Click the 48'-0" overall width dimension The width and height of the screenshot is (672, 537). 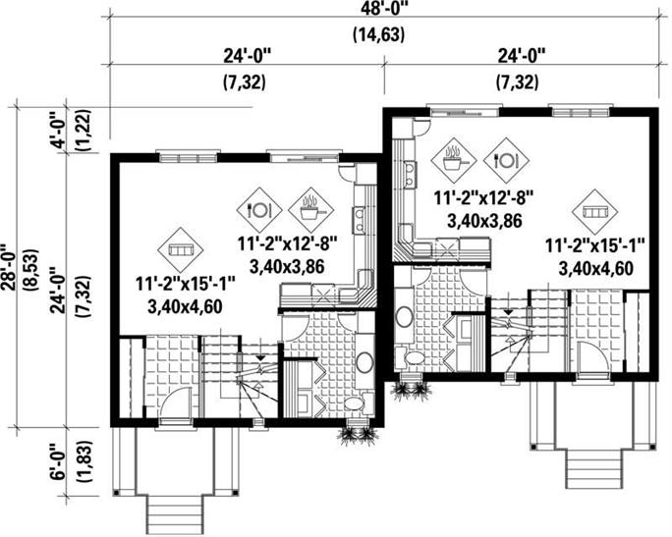pyautogui.click(x=379, y=9)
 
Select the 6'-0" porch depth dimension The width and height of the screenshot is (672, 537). pyautogui.click(x=59, y=462)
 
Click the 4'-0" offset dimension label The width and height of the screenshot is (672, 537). pyautogui.click(x=58, y=131)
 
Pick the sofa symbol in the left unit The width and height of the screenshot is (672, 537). pyautogui.click(x=180, y=249)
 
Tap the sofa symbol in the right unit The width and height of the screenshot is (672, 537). pyautogui.click(x=595, y=211)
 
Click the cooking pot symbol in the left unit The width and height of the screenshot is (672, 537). pyautogui.click(x=310, y=210)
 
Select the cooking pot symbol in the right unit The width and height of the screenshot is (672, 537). pyautogui.click(x=454, y=160)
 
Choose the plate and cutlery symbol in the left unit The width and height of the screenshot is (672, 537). pyautogui.click(x=259, y=210)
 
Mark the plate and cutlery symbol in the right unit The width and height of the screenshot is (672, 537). pyautogui.click(x=506, y=160)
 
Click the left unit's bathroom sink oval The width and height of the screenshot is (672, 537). pyautogui.click(x=364, y=362)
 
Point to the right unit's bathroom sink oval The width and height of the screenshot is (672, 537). pyautogui.click(x=403, y=316)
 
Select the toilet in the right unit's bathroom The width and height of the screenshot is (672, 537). pyautogui.click(x=410, y=357)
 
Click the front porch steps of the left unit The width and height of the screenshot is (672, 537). pyautogui.click(x=175, y=514)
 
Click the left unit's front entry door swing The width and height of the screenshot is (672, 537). pyautogui.click(x=177, y=403)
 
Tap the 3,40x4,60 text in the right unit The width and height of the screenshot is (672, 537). pyautogui.click(x=595, y=269)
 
